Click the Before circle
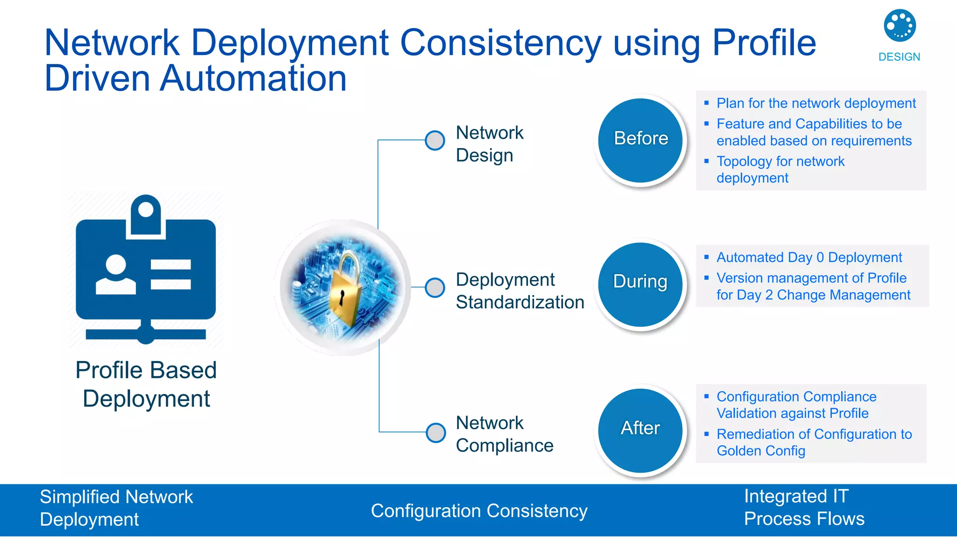[641, 140]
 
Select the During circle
[641, 283]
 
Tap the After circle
[641, 430]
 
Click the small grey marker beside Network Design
[435, 140]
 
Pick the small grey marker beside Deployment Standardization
[435, 287]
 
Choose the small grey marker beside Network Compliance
[436, 432]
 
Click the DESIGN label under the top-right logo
[899, 57]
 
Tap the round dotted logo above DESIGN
[900, 25]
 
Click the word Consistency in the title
[500, 43]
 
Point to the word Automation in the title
[253, 78]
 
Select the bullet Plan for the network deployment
[816, 103]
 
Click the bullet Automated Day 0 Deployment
[809, 257]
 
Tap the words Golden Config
[761, 451]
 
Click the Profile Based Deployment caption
[146, 384]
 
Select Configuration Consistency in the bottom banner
[479, 511]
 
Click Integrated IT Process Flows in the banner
[804, 508]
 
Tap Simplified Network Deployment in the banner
[116, 508]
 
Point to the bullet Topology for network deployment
[780, 170]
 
